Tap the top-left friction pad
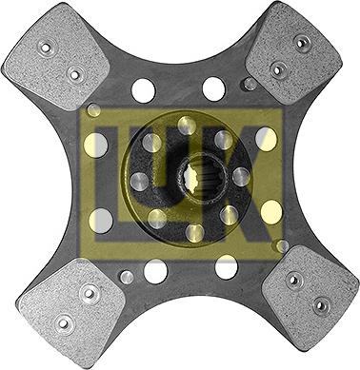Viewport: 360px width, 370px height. click(57, 57)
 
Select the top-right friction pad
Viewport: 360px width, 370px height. click(294, 53)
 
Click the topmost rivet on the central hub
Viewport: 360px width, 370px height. click(187, 126)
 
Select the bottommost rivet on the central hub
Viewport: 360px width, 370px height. click(194, 232)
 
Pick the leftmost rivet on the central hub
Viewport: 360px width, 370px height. click(139, 182)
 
